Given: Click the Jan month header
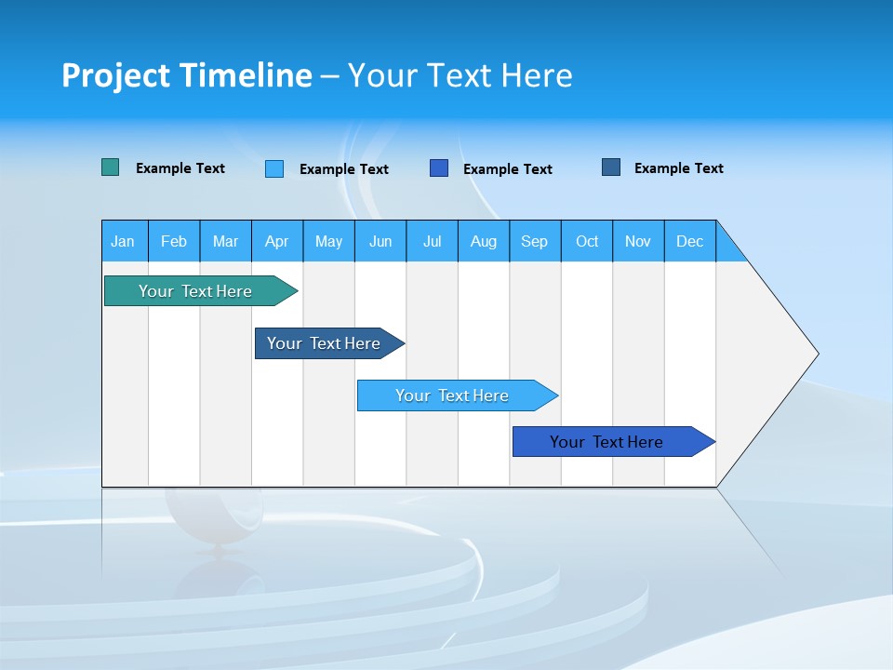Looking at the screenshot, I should coord(124,241).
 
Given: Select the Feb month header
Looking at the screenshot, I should coord(174,241).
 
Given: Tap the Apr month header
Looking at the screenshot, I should coord(277,241).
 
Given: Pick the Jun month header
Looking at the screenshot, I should coord(380,241).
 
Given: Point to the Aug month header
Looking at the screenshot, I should coord(484,241).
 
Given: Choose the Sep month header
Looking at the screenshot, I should coord(535,241).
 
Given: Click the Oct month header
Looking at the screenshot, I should coord(587,241).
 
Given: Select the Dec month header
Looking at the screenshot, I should coord(690,241).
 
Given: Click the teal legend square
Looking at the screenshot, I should coord(111,167).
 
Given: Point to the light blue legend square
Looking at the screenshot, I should coord(274,168).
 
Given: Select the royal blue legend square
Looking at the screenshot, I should coord(439,168).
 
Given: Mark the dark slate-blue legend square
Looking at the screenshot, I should coord(611,167).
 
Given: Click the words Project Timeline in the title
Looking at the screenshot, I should coord(187,75).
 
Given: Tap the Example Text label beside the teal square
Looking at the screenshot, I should coord(180,168).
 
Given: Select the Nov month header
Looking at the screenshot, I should coord(638,241).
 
